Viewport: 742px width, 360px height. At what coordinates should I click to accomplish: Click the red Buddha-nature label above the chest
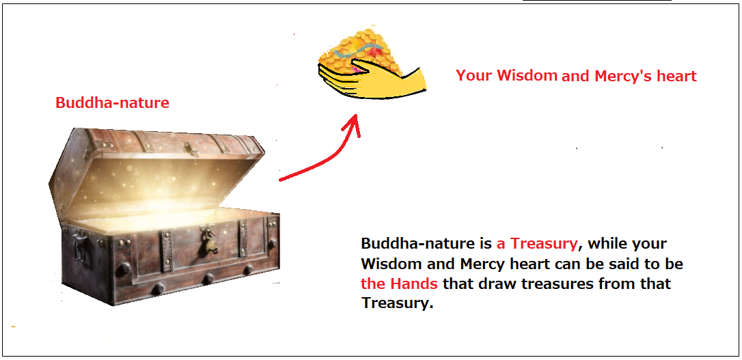click(x=112, y=102)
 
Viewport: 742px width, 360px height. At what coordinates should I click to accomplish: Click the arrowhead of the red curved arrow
click(x=353, y=124)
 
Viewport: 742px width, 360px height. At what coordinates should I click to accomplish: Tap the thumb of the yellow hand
click(x=374, y=65)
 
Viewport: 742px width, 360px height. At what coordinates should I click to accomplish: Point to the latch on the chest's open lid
click(x=192, y=150)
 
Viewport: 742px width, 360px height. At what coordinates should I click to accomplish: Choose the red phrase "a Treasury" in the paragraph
click(x=537, y=245)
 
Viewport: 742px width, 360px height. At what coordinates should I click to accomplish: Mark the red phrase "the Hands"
click(x=399, y=283)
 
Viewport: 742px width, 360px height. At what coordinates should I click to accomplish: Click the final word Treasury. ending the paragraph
click(x=398, y=304)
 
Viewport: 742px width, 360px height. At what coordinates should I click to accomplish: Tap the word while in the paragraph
click(x=608, y=244)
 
